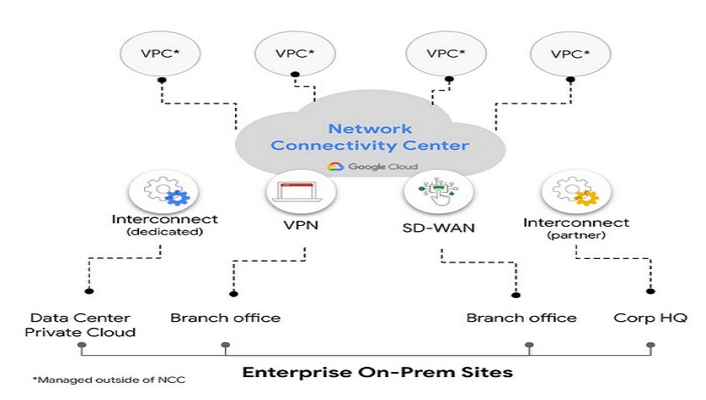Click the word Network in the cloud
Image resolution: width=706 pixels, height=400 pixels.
tap(370, 129)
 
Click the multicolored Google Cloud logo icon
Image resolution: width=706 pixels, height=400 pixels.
tap(335, 166)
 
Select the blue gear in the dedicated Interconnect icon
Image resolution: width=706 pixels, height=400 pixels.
tap(177, 197)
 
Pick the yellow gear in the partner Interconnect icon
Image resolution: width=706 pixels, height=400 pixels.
tap(586, 197)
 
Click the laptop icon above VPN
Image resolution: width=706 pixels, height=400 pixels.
tap(300, 191)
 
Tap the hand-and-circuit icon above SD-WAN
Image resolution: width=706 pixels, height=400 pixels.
tap(439, 191)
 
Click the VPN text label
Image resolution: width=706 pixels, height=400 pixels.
tap(300, 225)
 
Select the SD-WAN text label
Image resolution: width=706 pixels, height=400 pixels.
tap(439, 228)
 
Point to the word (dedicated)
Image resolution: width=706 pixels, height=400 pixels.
tap(165, 232)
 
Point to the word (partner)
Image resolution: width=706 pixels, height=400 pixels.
tap(576, 235)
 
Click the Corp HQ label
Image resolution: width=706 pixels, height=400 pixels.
tap(650, 318)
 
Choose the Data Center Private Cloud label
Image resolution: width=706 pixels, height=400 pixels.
tap(80, 325)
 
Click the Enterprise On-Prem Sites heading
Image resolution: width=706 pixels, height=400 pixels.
tap(378, 373)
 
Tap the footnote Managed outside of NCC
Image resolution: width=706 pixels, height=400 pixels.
tap(109, 380)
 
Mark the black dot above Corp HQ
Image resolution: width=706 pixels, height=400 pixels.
tap(650, 291)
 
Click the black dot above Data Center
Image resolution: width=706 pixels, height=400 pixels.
tap(89, 291)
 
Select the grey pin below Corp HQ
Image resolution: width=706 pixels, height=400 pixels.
tap(650, 347)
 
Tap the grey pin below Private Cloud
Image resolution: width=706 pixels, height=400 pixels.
tap(81, 347)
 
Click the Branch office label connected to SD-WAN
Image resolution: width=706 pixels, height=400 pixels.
tap(521, 318)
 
